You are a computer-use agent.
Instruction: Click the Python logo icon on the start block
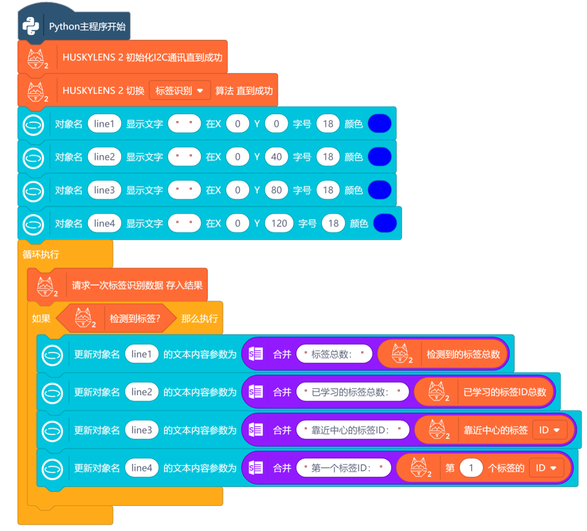[31, 26]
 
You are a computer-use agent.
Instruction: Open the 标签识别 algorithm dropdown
[180, 91]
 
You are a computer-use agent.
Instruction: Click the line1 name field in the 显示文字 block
[104, 124]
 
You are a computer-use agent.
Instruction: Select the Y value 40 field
[276, 157]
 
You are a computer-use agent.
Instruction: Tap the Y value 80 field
[276, 190]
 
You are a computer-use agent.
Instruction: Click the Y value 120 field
[279, 223]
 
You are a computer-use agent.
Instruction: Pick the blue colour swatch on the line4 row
[385, 223]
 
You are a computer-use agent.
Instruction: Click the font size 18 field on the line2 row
[328, 157]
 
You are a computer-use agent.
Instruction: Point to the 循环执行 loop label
[41, 254]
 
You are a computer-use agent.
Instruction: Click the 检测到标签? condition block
[135, 319]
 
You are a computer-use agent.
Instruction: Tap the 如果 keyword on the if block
[41, 319]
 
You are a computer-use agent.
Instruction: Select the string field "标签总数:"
[334, 354]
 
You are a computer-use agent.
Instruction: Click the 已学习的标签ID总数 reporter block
[505, 392]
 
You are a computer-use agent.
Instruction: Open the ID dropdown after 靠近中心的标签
[549, 430]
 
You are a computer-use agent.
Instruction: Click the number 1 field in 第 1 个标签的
[471, 468]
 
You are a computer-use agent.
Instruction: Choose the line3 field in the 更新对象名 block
[142, 430]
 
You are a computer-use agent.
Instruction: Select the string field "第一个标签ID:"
[343, 468]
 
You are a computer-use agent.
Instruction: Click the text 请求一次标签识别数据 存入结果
[137, 286]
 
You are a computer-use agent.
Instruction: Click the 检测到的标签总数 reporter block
[463, 354]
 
